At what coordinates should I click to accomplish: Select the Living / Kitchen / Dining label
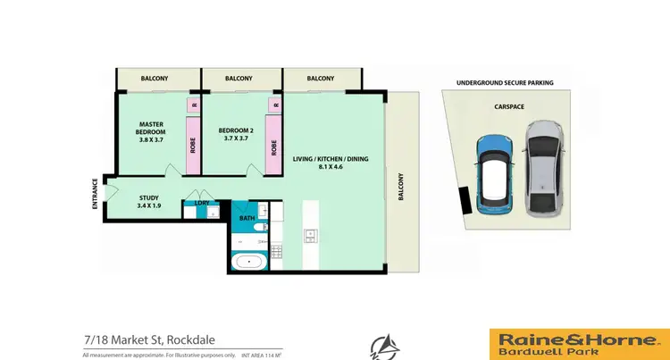pos(331,163)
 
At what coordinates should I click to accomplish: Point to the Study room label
pos(149,203)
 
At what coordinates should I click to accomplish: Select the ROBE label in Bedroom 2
pos(272,146)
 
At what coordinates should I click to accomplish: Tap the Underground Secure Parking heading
pos(505,82)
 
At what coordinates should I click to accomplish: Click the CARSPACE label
pos(508,105)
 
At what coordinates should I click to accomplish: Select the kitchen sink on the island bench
pos(310,236)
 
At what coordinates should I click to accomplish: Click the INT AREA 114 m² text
pos(262,356)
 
